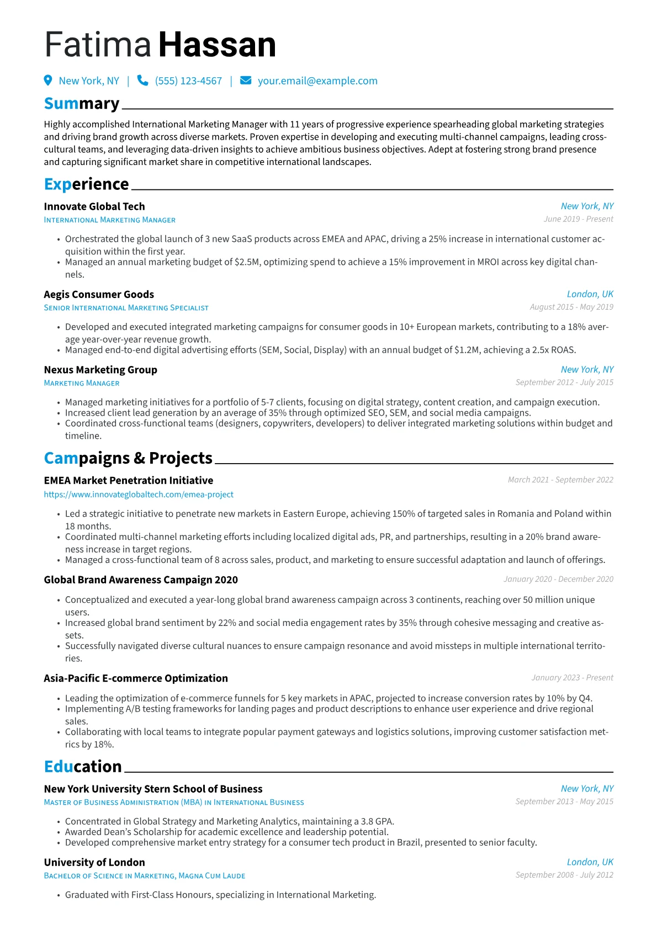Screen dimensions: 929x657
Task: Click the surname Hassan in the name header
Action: (x=217, y=45)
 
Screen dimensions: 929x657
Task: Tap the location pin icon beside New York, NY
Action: (x=48, y=81)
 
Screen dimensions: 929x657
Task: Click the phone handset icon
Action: (x=142, y=81)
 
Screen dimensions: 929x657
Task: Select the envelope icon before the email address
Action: (x=246, y=81)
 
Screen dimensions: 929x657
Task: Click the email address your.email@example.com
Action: (x=317, y=81)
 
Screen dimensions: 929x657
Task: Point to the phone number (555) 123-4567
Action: (x=188, y=81)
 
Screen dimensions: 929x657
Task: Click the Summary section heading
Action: (x=82, y=104)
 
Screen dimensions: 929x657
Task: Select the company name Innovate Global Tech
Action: (x=94, y=206)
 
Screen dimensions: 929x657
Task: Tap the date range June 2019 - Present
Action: (x=578, y=219)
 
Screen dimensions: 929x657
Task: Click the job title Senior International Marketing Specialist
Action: (x=126, y=308)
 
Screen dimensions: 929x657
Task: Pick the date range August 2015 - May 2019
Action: (x=571, y=307)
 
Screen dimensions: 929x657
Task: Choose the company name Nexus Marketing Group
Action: (x=100, y=370)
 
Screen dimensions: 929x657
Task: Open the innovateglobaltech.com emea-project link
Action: (x=139, y=495)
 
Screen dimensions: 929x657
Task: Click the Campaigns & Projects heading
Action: (x=128, y=458)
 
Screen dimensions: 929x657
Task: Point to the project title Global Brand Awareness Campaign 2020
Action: (x=141, y=580)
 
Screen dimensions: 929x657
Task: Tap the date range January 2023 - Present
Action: (x=572, y=678)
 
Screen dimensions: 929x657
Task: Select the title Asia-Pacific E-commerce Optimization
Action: (x=136, y=678)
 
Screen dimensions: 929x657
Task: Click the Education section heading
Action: (x=83, y=767)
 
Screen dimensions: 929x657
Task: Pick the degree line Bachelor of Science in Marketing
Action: (x=145, y=876)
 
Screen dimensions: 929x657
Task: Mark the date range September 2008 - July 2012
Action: (x=564, y=875)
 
